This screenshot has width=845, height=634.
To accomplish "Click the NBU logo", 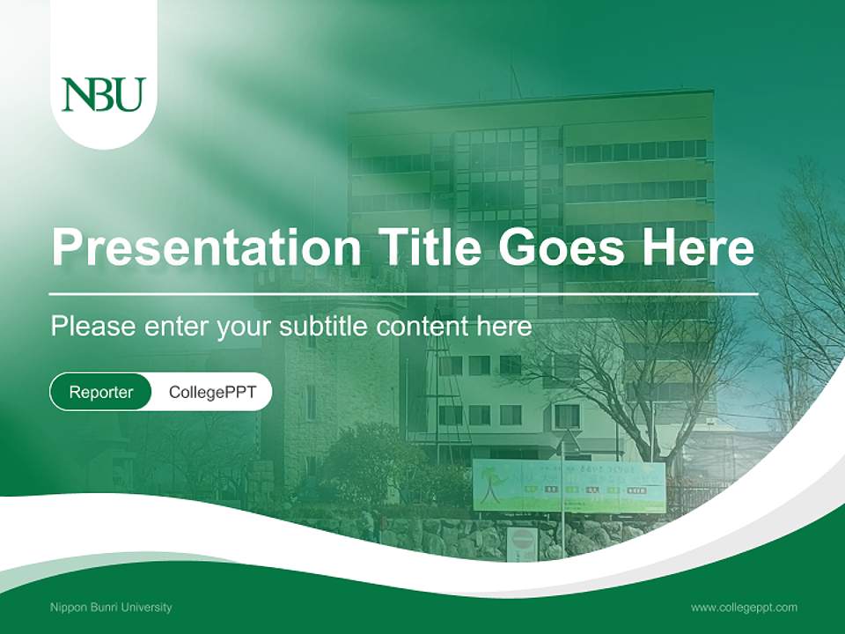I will pyautogui.click(x=103, y=94).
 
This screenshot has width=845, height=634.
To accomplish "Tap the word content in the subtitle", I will pyautogui.click(x=423, y=327).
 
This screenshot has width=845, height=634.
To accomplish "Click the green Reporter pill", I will pyautogui.click(x=101, y=392).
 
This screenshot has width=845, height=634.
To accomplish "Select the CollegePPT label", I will pyautogui.click(x=212, y=392).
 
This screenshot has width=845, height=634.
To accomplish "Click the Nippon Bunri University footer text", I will pyautogui.click(x=111, y=607).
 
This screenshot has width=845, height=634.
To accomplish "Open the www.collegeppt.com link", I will pyautogui.click(x=744, y=607).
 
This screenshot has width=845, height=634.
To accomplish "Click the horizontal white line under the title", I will pyautogui.click(x=403, y=293).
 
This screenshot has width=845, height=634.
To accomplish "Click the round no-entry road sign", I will pyautogui.click(x=522, y=539).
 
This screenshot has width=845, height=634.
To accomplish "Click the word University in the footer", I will pyautogui.click(x=151, y=607).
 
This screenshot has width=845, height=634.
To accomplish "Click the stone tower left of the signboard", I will pyautogui.click(x=339, y=387).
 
